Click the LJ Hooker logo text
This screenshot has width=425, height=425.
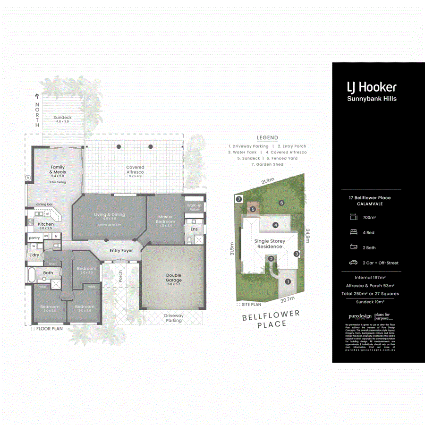(x=371, y=87)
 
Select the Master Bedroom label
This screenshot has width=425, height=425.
(x=166, y=219)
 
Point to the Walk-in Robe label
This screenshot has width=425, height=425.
(x=194, y=207)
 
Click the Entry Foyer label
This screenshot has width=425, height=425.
(x=121, y=251)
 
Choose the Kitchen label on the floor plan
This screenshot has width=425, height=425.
(x=46, y=224)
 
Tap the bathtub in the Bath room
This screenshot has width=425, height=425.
(x=32, y=275)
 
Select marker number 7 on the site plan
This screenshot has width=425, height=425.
(x=239, y=199)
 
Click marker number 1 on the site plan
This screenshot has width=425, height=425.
(x=288, y=282)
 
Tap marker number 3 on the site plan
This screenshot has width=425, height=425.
(x=297, y=254)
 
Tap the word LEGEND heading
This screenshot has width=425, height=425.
(x=267, y=138)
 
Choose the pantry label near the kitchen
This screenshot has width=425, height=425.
(x=34, y=238)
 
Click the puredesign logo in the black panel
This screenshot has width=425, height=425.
(x=357, y=316)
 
